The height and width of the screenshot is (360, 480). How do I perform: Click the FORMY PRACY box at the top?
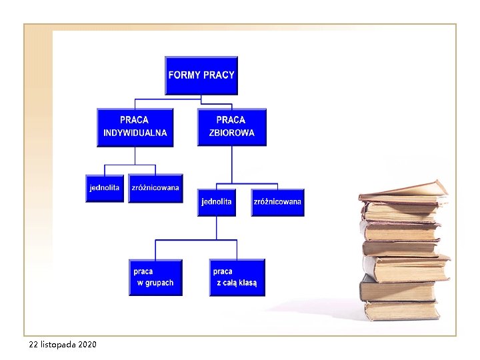(201, 75)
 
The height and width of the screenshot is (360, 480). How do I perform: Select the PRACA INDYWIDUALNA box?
(135, 127)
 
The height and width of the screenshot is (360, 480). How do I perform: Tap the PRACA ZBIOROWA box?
(231, 127)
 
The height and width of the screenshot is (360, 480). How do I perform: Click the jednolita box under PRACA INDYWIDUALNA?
(105, 189)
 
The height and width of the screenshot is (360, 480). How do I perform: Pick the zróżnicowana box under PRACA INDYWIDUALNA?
(155, 189)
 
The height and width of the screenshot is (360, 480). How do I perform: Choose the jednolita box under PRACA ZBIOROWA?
(216, 203)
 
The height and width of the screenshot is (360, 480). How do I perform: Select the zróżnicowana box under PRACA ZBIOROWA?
(277, 203)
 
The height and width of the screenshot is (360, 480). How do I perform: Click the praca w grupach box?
(155, 277)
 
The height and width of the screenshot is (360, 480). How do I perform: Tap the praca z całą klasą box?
(236, 277)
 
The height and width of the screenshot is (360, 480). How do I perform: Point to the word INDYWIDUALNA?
(135, 133)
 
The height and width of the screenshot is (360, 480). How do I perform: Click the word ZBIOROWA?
(232, 133)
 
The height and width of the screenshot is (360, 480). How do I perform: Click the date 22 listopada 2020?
(63, 345)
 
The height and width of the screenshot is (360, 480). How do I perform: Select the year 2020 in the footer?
(87, 345)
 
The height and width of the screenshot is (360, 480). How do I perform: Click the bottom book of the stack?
(400, 311)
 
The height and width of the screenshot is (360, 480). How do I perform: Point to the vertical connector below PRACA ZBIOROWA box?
(231, 164)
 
